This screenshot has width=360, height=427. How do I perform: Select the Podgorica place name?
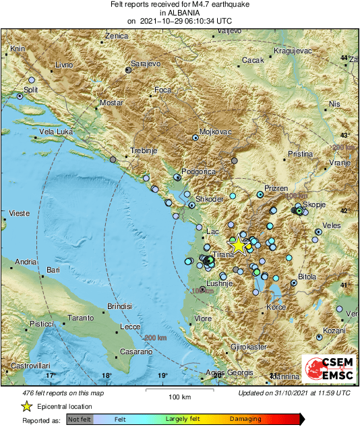[x=198, y=172]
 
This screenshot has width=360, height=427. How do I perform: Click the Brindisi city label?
[x=121, y=307]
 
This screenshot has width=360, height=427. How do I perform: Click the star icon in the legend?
[x=26, y=406]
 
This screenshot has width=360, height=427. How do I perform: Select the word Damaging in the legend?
[x=246, y=420]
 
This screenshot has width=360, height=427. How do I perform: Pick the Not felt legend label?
[x=80, y=420]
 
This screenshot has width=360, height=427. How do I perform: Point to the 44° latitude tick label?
[x=344, y=58]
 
